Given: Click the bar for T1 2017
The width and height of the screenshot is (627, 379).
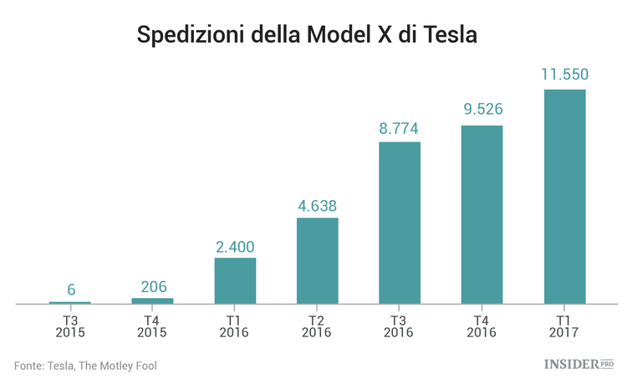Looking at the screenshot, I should click(x=564, y=196).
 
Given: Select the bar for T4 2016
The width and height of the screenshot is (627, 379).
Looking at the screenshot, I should click(x=482, y=214).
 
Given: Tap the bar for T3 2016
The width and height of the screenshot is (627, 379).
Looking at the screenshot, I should click(x=400, y=223).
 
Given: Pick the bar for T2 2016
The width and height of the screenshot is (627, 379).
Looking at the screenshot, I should click(x=318, y=260).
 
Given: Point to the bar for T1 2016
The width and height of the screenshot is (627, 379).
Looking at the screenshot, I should click(x=235, y=280).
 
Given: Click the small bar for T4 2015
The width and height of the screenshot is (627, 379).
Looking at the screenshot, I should click(x=153, y=300).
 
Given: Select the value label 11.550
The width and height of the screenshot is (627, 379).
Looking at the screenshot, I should click(x=564, y=75).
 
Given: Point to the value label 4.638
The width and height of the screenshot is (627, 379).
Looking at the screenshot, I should click(x=318, y=204).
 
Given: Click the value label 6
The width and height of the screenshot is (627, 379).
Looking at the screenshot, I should click(x=71, y=289).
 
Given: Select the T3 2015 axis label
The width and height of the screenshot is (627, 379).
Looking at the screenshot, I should click(x=71, y=325).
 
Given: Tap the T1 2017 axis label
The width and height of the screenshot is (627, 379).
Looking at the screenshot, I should click(x=564, y=325).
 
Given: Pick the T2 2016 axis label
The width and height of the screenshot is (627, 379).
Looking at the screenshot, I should click(x=318, y=325).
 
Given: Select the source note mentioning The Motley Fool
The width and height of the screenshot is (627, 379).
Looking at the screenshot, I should click(x=85, y=365).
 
